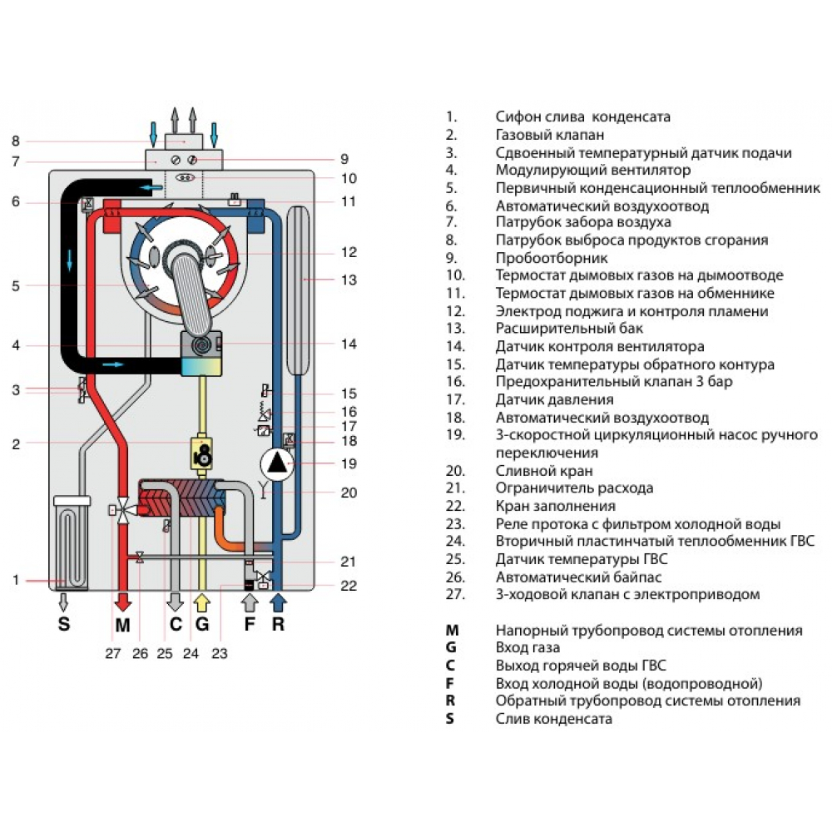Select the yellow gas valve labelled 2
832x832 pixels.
(x=202, y=453)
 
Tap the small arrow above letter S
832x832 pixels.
(x=64, y=602)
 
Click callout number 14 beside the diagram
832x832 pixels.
(x=349, y=344)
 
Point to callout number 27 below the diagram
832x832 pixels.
(x=113, y=653)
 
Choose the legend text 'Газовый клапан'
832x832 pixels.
(x=549, y=135)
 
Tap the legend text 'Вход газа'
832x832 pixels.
(x=527, y=647)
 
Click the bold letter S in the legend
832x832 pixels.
(x=450, y=718)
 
